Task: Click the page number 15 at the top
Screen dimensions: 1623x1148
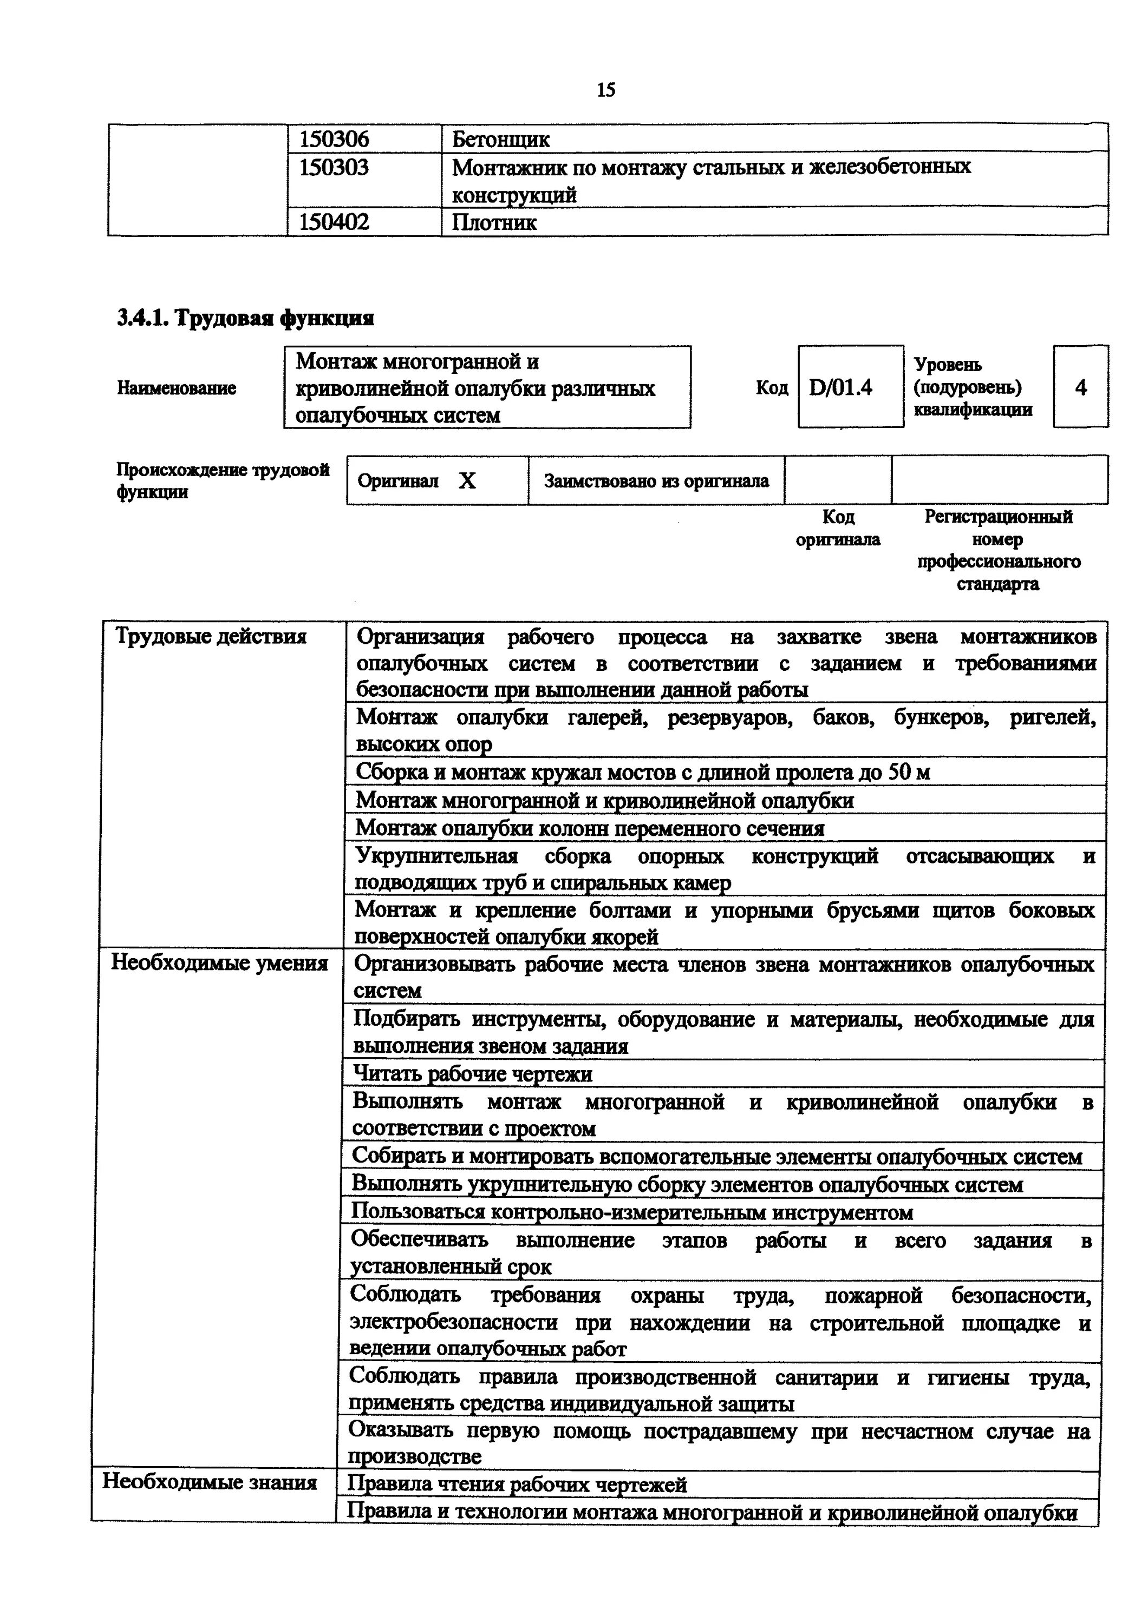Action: click(605, 90)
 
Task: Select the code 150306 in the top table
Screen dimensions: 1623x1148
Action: click(334, 139)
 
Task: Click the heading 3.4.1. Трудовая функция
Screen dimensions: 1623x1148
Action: click(245, 319)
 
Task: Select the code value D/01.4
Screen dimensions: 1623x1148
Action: click(840, 387)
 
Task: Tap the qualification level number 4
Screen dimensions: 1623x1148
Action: click(1080, 387)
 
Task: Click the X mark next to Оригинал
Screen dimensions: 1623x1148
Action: click(467, 481)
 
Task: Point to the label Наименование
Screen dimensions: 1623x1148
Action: click(176, 388)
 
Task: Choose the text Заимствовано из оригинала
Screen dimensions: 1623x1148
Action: click(656, 481)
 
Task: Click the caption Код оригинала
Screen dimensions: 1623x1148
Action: click(838, 528)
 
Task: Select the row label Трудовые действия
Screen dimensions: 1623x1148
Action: click(211, 637)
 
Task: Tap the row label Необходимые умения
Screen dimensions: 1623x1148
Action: click(219, 963)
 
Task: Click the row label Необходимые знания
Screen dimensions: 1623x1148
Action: click(210, 1482)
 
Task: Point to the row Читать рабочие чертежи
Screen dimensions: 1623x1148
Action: click(473, 1074)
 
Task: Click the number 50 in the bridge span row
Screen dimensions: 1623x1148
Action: click(898, 772)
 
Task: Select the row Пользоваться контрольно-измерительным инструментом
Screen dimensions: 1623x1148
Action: click(631, 1213)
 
